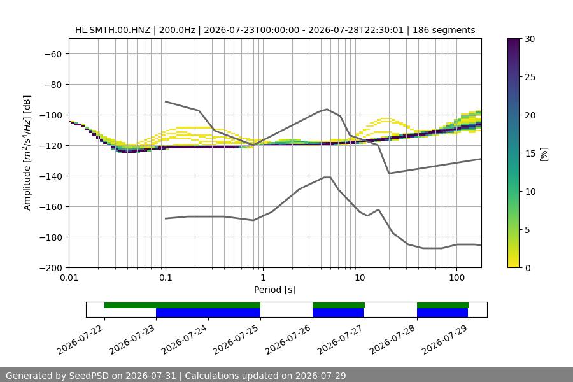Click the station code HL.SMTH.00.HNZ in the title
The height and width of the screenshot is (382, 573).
[113, 30]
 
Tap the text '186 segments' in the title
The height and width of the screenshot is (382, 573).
[444, 30]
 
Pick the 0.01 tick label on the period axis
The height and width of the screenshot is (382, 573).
[69, 278]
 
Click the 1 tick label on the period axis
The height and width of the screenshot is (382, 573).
[263, 278]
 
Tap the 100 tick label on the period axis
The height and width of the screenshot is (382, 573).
[456, 278]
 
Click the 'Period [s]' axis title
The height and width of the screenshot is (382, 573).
[275, 290]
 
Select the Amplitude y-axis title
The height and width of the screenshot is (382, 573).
[27, 153]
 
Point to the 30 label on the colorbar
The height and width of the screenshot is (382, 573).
[530, 39]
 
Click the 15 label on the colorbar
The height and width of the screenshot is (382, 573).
[530, 153]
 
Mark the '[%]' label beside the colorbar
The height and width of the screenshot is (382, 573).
[544, 154]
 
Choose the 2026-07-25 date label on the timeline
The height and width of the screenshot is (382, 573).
[236, 339]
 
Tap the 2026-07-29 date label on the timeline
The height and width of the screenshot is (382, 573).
[445, 339]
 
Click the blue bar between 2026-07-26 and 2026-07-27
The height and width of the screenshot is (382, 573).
[338, 313]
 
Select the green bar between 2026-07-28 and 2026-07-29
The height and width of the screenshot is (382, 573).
[442, 305]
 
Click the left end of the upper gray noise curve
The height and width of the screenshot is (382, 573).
[166, 101]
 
